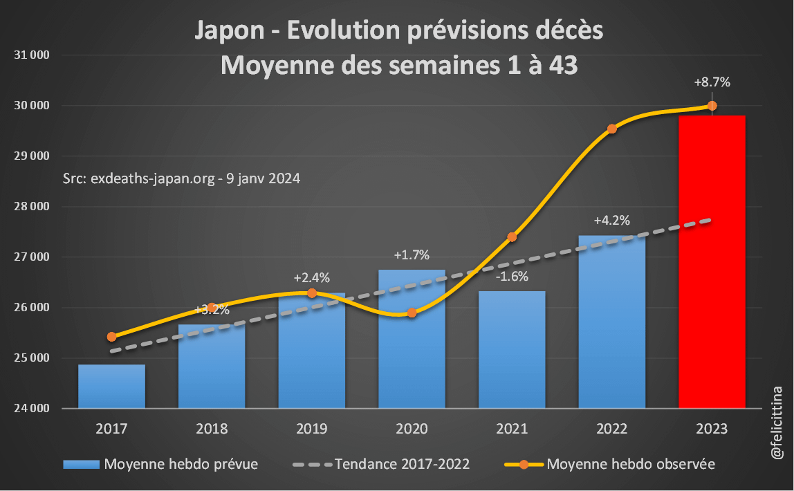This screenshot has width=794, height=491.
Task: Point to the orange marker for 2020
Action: [412, 313]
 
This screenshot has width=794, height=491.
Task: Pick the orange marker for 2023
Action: [712, 106]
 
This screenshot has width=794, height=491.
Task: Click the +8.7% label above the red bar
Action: [712, 82]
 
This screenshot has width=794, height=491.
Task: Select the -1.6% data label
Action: [512, 277]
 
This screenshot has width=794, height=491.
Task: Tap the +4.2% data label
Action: [611, 221]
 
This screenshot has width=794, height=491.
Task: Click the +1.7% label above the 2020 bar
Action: [412, 255]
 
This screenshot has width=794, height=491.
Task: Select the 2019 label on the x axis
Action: [311, 429]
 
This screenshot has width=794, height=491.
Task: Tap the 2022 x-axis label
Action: [611, 429]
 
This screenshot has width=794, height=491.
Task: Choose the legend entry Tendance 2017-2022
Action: [402, 464]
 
